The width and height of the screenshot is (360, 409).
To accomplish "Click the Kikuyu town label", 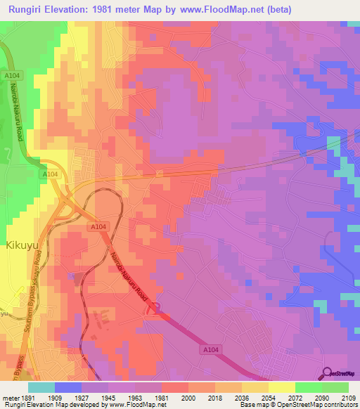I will (x=25, y=246).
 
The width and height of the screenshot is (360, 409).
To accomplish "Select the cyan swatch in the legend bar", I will (x=41, y=387).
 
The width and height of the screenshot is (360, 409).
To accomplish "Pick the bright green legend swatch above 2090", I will (x=309, y=387).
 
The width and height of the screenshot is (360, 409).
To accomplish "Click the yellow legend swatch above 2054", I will (x=255, y=387).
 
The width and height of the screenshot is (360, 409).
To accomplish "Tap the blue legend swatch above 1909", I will (x=68, y=387).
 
